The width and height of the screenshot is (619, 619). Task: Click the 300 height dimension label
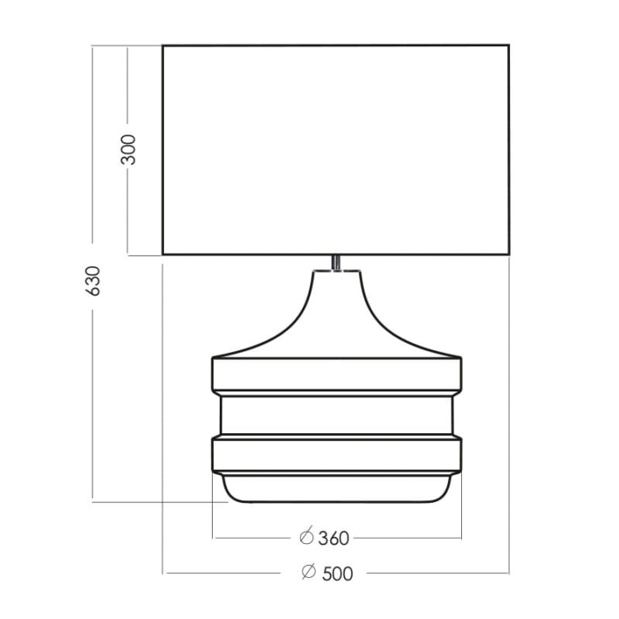click(128, 150)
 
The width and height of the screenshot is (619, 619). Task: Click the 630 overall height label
click(93, 281)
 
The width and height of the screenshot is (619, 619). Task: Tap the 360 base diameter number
click(334, 539)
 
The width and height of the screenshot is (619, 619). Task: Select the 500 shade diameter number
click(337, 574)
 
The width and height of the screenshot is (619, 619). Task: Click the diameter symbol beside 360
click(306, 536)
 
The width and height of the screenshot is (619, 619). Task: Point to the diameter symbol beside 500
click(309, 571)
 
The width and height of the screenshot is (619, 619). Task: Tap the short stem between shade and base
click(336, 262)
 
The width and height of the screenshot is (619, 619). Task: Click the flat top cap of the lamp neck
click(337, 271)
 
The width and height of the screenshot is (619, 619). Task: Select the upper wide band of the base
click(337, 375)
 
